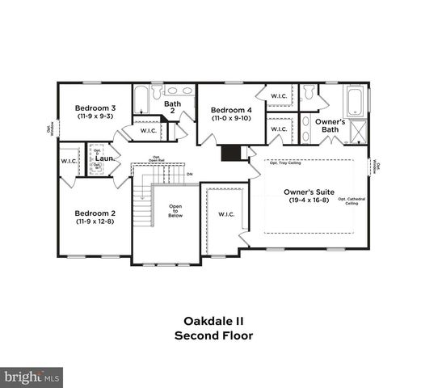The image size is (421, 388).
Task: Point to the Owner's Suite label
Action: [x=308, y=192]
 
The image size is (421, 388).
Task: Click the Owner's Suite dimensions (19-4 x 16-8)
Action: [x=308, y=200]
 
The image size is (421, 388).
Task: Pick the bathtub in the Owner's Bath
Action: [x=355, y=103]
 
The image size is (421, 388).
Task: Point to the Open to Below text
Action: [x=175, y=211]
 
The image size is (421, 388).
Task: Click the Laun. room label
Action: [x=103, y=159]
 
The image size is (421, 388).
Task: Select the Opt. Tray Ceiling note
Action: [x=284, y=163]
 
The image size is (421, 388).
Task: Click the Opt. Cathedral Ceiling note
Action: [x=348, y=201]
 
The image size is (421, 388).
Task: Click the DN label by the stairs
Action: [x=189, y=174]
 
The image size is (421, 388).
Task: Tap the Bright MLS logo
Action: [x=32, y=377]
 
